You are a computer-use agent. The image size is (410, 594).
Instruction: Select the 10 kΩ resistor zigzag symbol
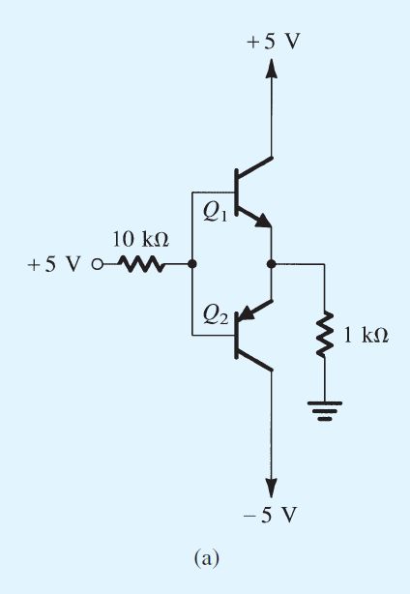click(142, 264)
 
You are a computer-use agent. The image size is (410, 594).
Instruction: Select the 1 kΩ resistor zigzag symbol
click(325, 335)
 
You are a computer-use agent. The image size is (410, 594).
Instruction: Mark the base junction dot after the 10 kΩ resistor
click(191, 264)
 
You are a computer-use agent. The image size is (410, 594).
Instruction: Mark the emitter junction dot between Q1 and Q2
click(272, 264)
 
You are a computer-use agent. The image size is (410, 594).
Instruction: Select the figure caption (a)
click(206, 558)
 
